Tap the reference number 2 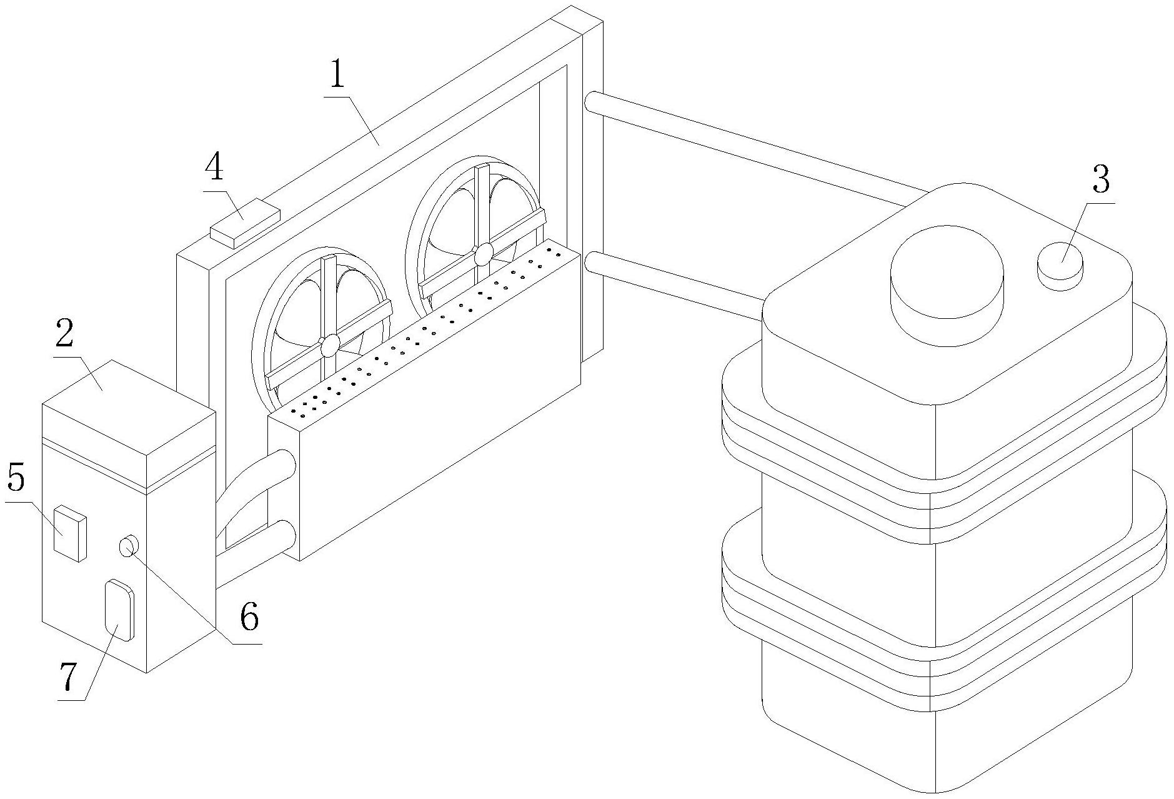point(64,336)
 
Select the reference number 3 point(1100,179)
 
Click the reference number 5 point(16,480)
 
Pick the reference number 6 point(249,618)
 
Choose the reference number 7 point(67,678)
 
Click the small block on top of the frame point(244,223)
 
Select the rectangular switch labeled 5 point(69,534)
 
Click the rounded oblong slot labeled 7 point(119,610)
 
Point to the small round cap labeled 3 point(1060,265)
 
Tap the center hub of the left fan point(329,344)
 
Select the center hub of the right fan point(483,254)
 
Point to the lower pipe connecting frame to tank point(675,284)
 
